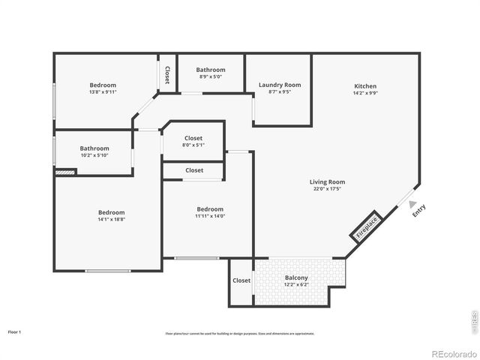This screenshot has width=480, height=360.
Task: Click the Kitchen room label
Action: (365, 86)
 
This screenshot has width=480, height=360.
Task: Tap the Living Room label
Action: (327, 181)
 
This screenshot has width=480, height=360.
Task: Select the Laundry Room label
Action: (279, 85)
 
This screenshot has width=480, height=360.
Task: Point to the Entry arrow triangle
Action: (412, 202)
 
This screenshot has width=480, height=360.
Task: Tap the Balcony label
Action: (296, 278)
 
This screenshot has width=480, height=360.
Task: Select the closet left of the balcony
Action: (241, 280)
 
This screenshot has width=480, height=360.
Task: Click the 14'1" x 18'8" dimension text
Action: (110, 220)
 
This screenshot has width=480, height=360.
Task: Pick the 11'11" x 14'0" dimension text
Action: (210, 216)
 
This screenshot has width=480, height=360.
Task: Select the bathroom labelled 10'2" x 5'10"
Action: (94, 155)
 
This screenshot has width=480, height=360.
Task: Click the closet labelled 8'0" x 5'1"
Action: (193, 145)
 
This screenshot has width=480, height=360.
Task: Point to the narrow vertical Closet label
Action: (167, 74)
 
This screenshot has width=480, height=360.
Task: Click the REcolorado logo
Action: (448, 352)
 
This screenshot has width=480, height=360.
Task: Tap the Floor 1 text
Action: (15, 331)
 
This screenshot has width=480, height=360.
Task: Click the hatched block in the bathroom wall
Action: (65, 172)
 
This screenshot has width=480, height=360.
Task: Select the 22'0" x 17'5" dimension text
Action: (327, 189)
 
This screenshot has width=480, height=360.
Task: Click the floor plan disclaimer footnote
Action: (240, 334)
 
